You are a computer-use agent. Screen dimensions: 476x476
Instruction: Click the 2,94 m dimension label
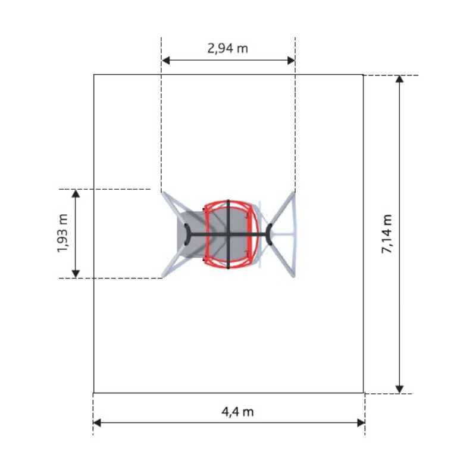pyautogui.click(x=228, y=48)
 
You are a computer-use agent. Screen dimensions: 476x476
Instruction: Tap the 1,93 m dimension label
pyautogui.click(x=63, y=233)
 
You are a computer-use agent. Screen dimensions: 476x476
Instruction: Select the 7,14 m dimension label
pyautogui.click(x=387, y=234)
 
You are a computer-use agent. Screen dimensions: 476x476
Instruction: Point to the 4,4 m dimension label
pyautogui.click(x=237, y=412)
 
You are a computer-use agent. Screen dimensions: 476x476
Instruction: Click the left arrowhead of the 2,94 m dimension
pyautogui.click(x=166, y=61)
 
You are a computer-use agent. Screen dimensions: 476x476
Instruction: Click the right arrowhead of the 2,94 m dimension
pyautogui.click(x=291, y=61)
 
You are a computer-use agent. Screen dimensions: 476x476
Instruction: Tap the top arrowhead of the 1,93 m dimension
pyautogui.click(x=76, y=194)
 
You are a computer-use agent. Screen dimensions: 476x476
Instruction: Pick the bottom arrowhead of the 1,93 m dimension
pyautogui.click(x=76, y=274)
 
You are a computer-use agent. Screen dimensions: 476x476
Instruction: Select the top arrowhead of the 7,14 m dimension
pyautogui.click(x=399, y=79)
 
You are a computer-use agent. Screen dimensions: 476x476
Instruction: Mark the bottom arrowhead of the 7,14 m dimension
pyautogui.click(x=399, y=389)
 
